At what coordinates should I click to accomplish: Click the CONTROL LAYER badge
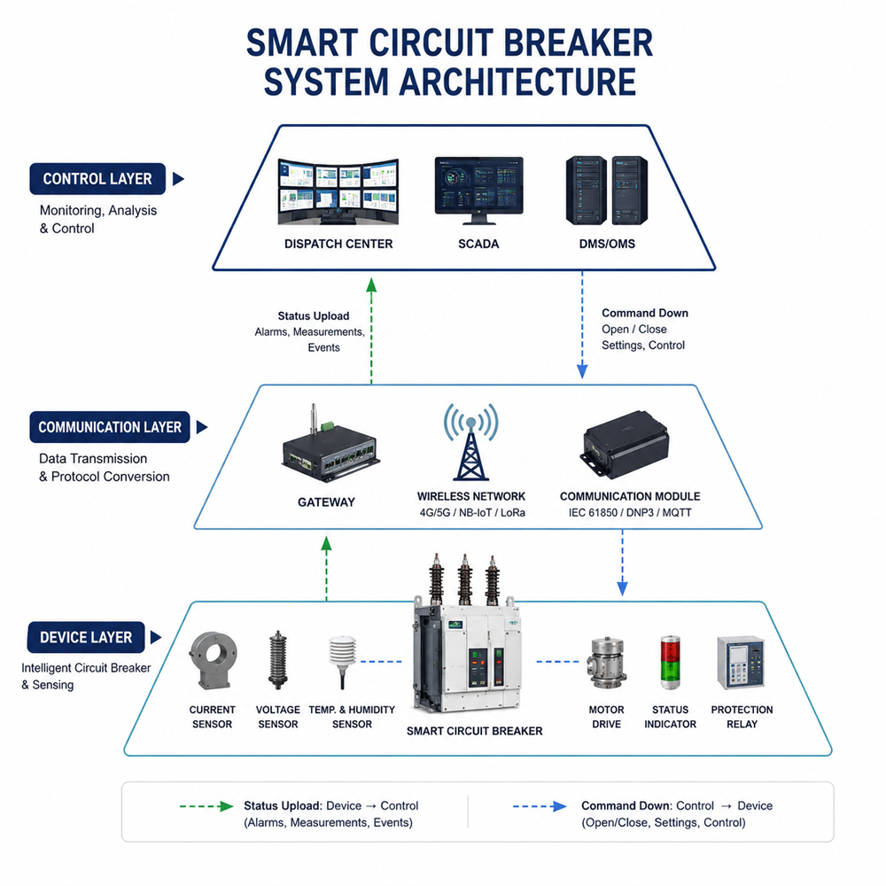(97, 179)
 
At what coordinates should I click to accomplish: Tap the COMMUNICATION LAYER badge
(110, 427)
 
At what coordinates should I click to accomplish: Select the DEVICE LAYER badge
(86, 637)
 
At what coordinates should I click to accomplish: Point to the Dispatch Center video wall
(338, 191)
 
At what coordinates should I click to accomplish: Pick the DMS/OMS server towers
(607, 190)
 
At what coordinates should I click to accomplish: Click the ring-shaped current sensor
(213, 661)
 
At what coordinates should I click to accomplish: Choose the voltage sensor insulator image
(277, 660)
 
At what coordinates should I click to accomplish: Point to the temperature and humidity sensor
(343, 662)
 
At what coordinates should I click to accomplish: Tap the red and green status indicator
(670, 662)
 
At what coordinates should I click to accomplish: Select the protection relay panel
(741, 662)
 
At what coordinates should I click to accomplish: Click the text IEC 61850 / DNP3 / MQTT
(630, 512)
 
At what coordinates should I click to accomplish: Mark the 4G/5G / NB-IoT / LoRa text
(472, 512)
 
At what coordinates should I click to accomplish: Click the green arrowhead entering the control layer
(371, 284)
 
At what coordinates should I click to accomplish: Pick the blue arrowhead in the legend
(559, 806)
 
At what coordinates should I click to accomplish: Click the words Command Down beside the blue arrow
(645, 313)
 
